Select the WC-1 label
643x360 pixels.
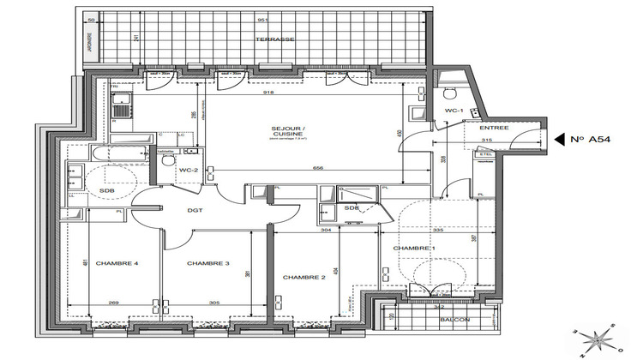(454, 111)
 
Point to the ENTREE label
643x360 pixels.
(495, 128)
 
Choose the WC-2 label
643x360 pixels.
(189, 171)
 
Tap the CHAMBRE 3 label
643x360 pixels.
(207, 263)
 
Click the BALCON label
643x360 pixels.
(455, 321)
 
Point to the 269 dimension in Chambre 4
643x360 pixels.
(115, 303)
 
